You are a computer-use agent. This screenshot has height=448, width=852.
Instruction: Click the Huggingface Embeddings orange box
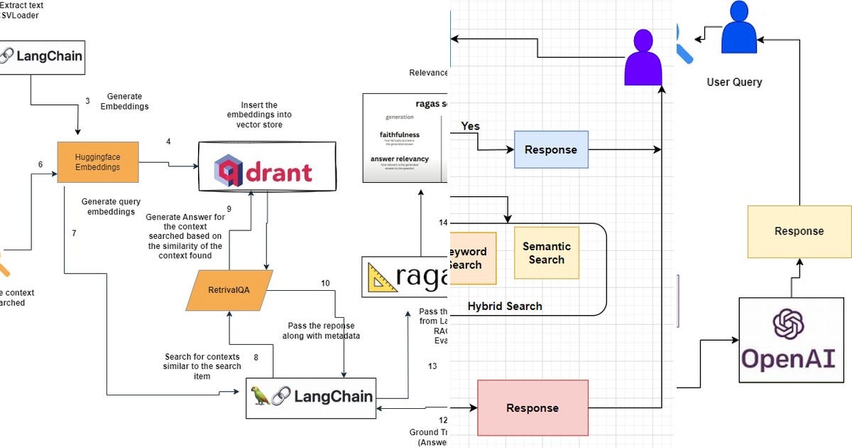(98, 162)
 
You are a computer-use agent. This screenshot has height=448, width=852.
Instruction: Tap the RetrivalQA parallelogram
(229, 290)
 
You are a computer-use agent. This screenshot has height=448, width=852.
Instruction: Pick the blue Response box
(550, 149)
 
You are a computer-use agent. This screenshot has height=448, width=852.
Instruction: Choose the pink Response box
(532, 407)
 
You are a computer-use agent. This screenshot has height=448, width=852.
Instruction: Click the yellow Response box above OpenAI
(799, 231)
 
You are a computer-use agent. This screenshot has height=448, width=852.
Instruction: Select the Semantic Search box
(546, 253)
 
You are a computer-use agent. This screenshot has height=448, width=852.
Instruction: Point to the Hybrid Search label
(504, 306)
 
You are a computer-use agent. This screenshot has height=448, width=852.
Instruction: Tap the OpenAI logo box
(791, 340)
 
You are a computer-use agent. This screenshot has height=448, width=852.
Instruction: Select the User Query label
(734, 82)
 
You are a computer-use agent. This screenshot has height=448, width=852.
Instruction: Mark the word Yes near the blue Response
(470, 127)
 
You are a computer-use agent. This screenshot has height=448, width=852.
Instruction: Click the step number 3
(87, 101)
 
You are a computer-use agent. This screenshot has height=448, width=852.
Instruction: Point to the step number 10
(325, 283)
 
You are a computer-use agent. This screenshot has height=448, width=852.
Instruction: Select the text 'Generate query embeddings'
(111, 206)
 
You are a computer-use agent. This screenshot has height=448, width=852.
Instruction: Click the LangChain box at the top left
(42, 57)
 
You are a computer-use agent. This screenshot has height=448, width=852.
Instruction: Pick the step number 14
(443, 223)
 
